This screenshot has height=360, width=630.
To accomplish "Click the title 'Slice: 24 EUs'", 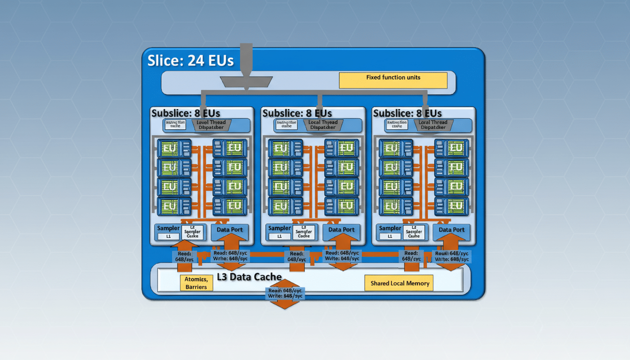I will pyautogui.click(x=190, y=61).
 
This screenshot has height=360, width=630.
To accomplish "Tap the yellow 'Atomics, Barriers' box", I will pyautogui.click(x=196, y=283).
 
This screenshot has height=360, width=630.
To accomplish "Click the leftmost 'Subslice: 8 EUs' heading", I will pyautogui.click(x=186, y=113).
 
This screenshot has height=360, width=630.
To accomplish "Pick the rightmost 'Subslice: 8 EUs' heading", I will pyautogui.click(x=407, y=113).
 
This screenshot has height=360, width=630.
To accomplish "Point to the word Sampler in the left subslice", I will pyautogui.click(x=168, y=228).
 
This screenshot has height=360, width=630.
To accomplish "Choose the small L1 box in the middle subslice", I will pyautogui.click(x=279, y=237).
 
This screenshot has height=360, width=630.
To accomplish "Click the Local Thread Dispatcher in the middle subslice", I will pyautogui.click(x=323, y=125).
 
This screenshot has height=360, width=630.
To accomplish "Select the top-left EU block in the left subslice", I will pyautogui.click(x=174, y=148).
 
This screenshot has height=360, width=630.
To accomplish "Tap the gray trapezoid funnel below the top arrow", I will pyautogui.click(x=246, y=82).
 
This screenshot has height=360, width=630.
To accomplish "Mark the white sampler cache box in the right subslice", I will pyautogui.click(x=414, y=233).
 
